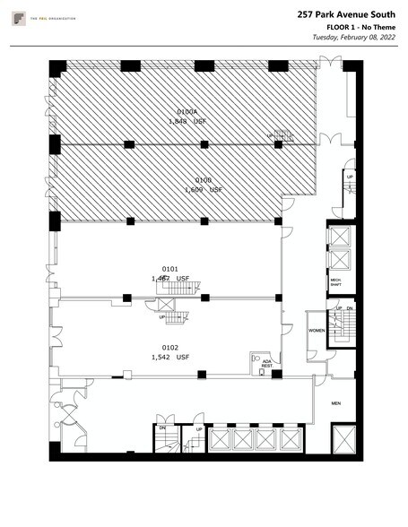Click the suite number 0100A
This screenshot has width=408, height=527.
pos(186,112)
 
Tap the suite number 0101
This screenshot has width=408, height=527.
pos(169,268)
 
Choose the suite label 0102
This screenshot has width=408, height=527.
pos(169,348)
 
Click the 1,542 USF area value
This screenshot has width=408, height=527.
pos(170,357)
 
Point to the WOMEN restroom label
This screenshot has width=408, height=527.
pos(317,330)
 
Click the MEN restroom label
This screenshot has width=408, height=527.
pos(336,403)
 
